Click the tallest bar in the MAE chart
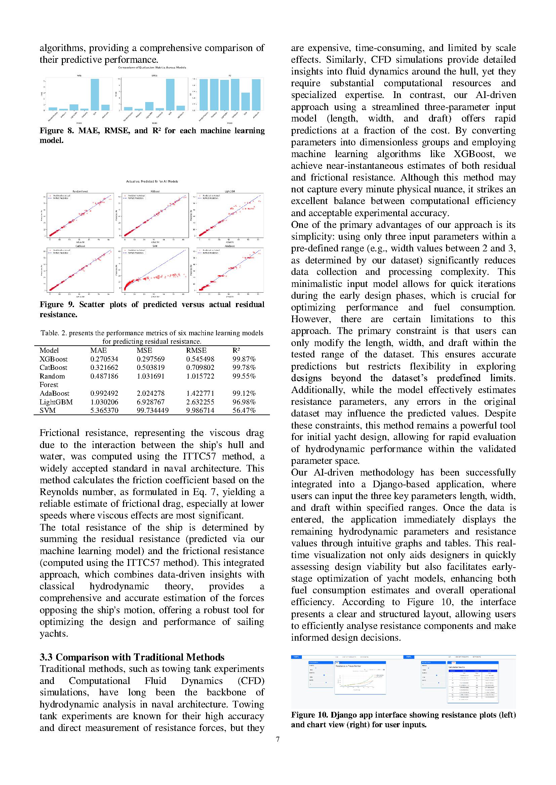94,94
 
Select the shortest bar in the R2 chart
245,101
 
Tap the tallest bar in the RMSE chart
170,94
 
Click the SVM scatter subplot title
155,246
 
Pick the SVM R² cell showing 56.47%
244,410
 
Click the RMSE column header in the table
196,350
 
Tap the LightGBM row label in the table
56,402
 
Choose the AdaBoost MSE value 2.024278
151,393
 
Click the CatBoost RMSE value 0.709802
200,367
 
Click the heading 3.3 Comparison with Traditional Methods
132,657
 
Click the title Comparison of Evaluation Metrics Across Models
152,68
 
